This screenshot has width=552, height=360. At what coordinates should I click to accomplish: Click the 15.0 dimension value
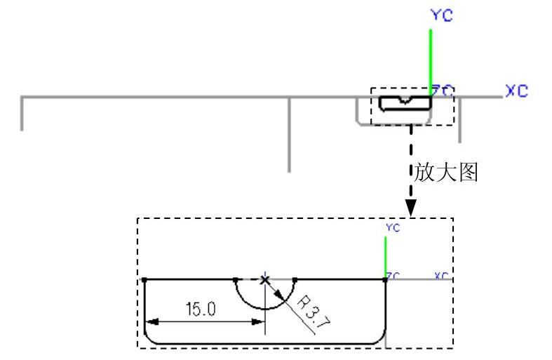coord(200,309)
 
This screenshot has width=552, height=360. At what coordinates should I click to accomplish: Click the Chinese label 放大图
coord(446,173)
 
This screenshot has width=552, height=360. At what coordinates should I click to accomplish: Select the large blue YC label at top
coord(441,15)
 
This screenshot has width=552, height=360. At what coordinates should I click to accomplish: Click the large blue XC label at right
coord(516,91)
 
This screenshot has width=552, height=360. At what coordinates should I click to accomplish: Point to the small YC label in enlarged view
coord(392,228)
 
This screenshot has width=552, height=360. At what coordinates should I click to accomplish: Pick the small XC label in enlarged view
coord(441,275)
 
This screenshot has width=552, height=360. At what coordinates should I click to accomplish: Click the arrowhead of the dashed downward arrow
coord(412,208)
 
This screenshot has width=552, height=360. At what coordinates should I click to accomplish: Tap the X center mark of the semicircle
coord(264,279)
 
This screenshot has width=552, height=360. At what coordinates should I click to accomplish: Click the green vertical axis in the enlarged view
coord(385,257)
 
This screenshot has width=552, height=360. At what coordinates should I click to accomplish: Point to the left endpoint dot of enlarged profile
coord(144,279)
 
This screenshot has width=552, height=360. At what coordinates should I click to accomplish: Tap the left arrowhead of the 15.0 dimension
coord(149,321)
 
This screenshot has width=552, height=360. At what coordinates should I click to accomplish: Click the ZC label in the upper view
coord(443,90)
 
